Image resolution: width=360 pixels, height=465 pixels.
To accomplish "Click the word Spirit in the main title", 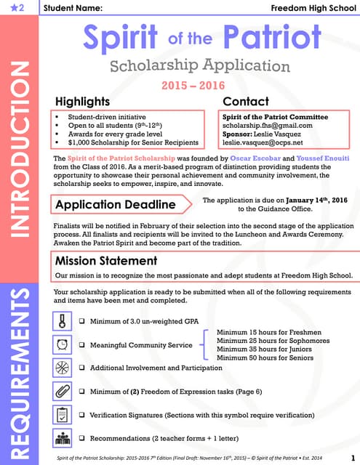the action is (x=120, y=38).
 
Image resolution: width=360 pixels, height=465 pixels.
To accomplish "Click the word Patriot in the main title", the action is (x=268, y=38).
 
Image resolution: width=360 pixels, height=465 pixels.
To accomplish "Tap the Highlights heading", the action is (x=83, y=102).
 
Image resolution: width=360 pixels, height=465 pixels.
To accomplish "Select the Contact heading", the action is (x=246, y=102).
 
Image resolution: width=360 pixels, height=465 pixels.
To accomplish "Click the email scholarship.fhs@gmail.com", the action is (x=267, y=125).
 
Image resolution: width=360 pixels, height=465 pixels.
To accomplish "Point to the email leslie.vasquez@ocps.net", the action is (x=268, y=142).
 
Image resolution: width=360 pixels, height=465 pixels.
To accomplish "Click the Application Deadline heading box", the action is (x=116, y=204).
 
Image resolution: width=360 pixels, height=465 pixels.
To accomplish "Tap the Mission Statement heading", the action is (x=106, y=260).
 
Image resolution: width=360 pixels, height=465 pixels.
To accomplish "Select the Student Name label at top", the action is (x=73, y=8).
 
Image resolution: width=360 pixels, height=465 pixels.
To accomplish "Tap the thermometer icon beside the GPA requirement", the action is (x=63, y=320).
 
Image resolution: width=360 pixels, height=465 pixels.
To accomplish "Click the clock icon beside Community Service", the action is (x=63, y=344).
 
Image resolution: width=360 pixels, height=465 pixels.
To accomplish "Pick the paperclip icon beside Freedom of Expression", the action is (x=63, y=391).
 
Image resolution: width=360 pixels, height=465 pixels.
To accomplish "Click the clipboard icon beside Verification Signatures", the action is (x=63, y=414).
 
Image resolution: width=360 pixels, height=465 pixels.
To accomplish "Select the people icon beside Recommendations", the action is (x=63, y=438).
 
